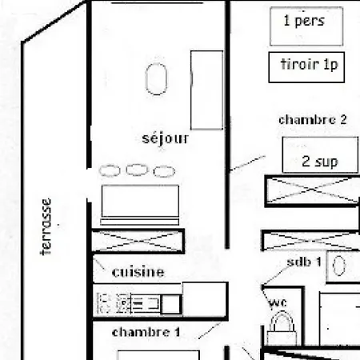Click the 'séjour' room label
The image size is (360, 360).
(x=166, y=138)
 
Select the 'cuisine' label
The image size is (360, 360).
(x=138, y=271)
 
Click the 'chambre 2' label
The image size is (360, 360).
(x=312, y=120)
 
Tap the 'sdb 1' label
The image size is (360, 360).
(x=304, y=262)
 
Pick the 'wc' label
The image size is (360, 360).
(x=278, y=302)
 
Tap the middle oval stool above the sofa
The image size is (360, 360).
(x=137, y=170)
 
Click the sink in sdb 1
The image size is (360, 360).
(x=339, y=266)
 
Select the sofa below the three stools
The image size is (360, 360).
(x=139, y=204)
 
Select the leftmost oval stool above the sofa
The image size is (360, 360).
(x=110, y=170)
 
